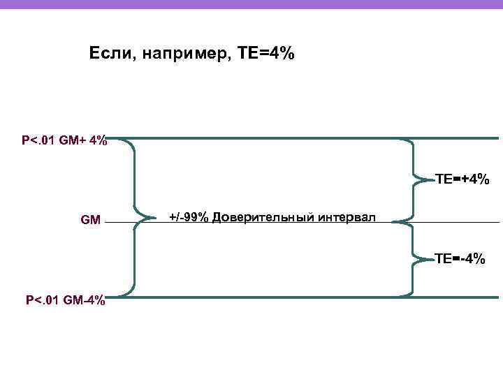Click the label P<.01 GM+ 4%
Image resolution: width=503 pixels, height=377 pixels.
(x=64, y=141)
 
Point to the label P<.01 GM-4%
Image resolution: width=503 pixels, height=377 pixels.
(x=66, y=301)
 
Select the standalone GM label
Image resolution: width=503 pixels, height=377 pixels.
(x=91, y=221)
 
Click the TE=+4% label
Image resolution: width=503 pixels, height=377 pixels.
(x=462, y=179)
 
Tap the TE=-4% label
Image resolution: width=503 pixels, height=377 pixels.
(x=460, y=259)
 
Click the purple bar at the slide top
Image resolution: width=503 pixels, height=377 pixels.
(x=251, y=4)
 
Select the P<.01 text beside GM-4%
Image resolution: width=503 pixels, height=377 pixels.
(x=44, y=301)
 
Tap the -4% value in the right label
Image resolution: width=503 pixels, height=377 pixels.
(x=472, y=259)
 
